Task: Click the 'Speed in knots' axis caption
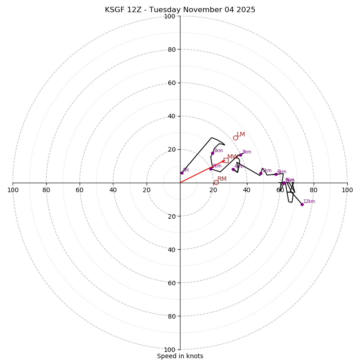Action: tap(180, 356)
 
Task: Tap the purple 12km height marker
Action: tap(302, 204)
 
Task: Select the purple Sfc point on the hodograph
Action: tap(182, 173)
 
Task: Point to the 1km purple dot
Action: tap(212, 153)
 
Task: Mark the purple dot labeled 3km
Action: tap(240, 155)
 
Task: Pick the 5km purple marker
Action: tap(261, 173)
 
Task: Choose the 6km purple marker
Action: tap(276, 174)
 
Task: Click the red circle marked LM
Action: tap(235, 138)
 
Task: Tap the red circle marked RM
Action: tap(216, 182)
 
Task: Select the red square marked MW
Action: tap(226, 160)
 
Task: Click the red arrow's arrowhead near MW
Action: tap(223, 161)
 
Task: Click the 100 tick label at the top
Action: tap(170, 16)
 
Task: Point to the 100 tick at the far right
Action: tap(347, 190)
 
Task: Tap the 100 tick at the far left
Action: tap(13, 190)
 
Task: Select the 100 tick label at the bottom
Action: tap(170, 350)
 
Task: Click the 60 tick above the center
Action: tap(171, 83)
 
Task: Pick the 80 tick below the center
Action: tap(171, 316)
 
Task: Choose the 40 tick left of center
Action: tap(113, 190)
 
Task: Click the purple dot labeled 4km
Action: tap(233, 169)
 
